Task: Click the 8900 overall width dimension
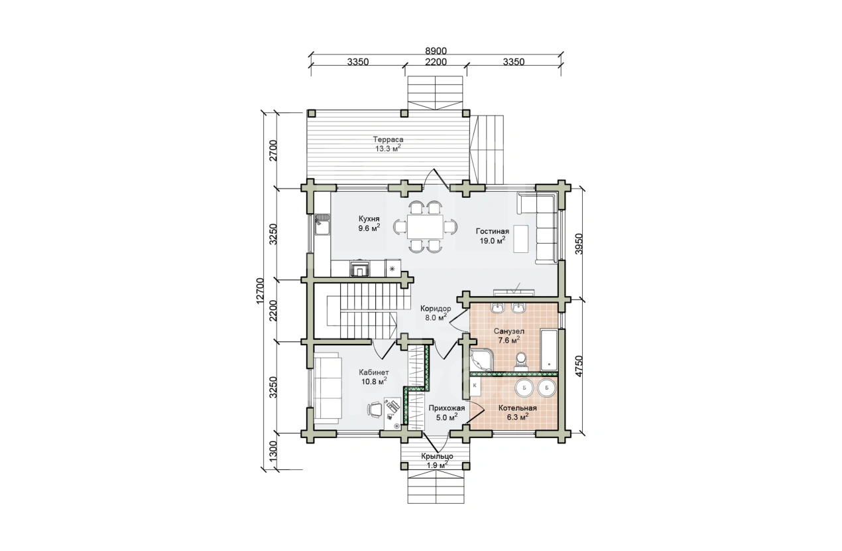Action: (x=436, y=51)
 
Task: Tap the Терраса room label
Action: (x=389, y=139)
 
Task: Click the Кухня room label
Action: (x=369, y=218)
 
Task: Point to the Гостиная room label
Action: (x=493, y=231)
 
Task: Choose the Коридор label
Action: (x=436, y=309)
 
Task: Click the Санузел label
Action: (x=509, y=331)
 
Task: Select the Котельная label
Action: (x=518, y=408)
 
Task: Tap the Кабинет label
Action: (x=374, y=372)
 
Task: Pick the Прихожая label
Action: (x=447, y=408)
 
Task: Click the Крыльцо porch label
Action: (x=437, y=456)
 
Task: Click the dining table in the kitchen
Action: (x=426, y=226)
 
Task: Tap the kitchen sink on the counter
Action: (x=59, y=224)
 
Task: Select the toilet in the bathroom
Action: (x=521, y=360)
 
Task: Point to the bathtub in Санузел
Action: (x=549, y=350)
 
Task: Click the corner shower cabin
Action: (x=481, y=360)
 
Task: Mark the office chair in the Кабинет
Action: (x=112, y=409)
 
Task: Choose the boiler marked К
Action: (x=475, y=386)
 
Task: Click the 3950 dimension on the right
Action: (x=579, y=244)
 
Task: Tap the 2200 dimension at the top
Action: (x=436, y=62)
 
